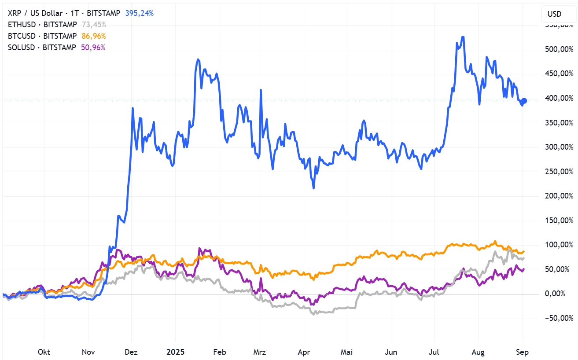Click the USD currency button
(554, 14)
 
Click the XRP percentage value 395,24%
(140, 13)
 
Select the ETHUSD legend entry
(42, 25)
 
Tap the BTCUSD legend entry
(42, 36)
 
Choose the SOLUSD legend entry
(42, 48)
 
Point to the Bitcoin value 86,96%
(94, 36)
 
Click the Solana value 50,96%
(93, 48)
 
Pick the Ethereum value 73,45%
(94, 25)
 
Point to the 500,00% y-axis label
(556, 49)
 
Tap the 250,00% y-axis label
(556, 172)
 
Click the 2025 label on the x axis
(175, 352)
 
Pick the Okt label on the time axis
(44, 352)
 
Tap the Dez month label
(131, 352)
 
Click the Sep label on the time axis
(522, 352)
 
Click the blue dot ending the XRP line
(524, 101)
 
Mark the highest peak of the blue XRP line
(463, 37)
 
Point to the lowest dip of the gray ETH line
(314, 314)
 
